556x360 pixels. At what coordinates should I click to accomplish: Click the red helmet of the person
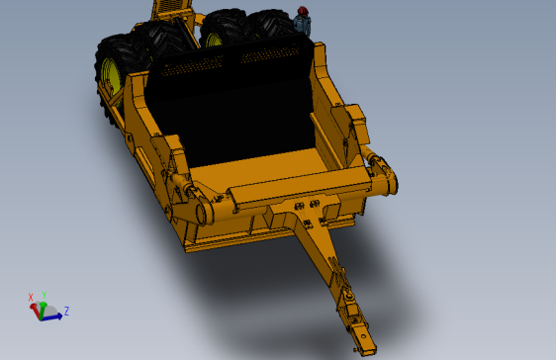(x=303, y=11)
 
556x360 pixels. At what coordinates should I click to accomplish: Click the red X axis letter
(x=31, y=297)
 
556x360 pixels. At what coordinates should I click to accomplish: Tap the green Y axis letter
(x=45, y=295)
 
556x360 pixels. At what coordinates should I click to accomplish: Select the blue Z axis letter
(x=65, y=312)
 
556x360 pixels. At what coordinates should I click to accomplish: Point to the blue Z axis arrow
(x=53, y=314)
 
